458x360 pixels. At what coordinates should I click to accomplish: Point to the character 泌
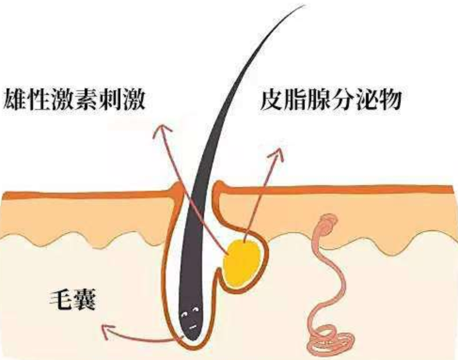pos(365,99)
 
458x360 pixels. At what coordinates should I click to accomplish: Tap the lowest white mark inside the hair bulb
pos(192,327)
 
